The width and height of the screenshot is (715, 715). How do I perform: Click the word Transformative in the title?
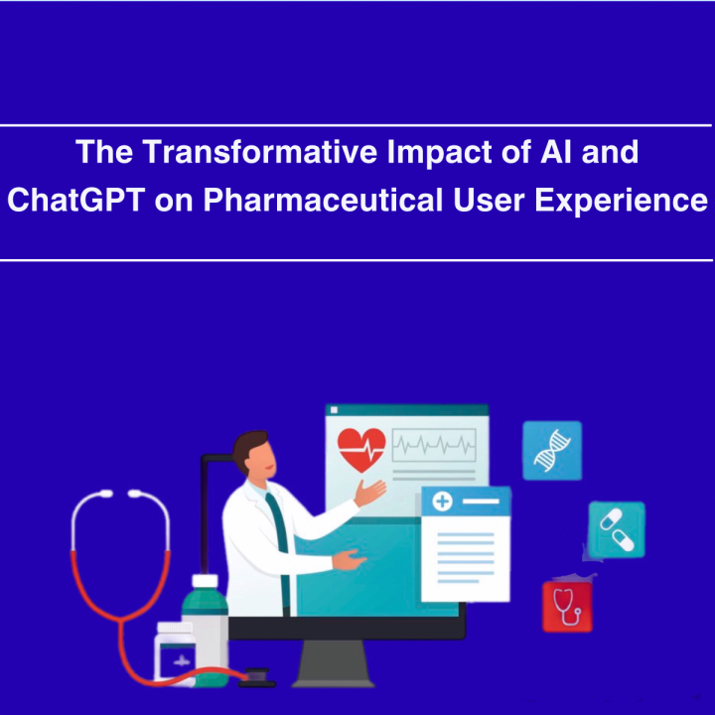[259, 151]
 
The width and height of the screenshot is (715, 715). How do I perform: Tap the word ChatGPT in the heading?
[76, 200]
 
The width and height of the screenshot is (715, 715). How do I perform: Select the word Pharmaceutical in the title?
[323, 200]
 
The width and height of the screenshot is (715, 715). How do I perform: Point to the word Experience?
[621, 201]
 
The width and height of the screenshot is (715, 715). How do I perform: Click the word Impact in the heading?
[439, 152]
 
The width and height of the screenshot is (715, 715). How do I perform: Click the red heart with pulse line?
[361, 450]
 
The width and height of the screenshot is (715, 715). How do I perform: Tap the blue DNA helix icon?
[552, 451]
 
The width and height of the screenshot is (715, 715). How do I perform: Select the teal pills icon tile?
[617, 529]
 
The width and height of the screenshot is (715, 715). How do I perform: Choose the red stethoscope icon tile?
[567, 607]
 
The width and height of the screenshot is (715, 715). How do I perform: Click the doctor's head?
[254, 454]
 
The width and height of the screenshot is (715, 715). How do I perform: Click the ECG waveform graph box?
[434, 445]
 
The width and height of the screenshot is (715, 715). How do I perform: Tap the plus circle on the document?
[442, 501]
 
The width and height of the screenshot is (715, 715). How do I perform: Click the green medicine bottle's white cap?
[206, 581]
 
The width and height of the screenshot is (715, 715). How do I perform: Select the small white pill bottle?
[175, 653]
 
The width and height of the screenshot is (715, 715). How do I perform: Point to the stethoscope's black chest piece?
[257, 677]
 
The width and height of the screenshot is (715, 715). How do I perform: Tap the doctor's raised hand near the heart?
[369, 493]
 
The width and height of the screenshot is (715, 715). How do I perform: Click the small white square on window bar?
[334, 410]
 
